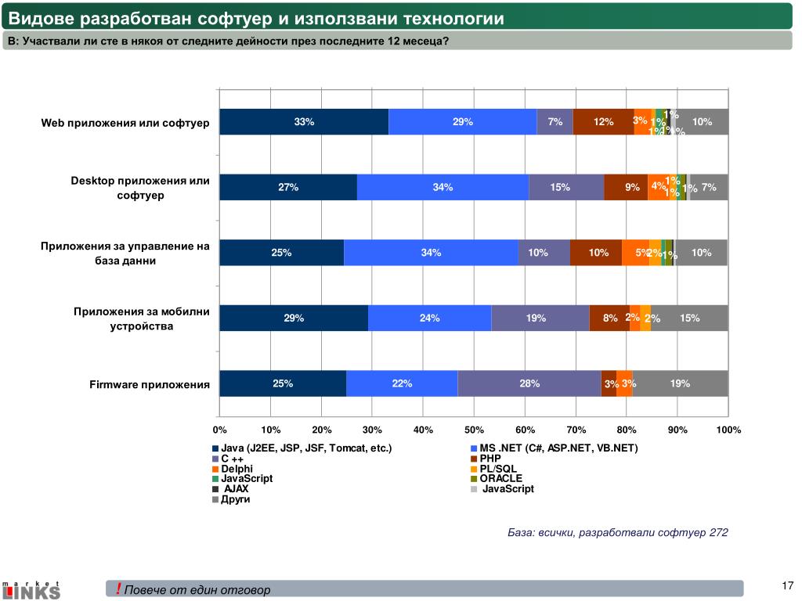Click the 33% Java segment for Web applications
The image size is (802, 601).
[x=304, y=122]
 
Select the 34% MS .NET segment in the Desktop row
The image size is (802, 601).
[x=443, y=187]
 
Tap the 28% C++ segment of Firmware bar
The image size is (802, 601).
[x=529, y=383]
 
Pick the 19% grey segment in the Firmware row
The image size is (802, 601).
[x=680, y=383]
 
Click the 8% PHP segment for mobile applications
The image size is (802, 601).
[x=609, y=318]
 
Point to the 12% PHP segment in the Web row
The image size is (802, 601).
[x=603, y=122]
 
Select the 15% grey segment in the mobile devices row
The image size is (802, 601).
[x=689, y=318]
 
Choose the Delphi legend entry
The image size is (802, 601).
[x=237, y=468]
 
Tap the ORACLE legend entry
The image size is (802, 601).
[x=500, y=478]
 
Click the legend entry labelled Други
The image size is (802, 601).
[x=235, y=498]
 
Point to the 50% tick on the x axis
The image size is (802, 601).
[x=474, y=430]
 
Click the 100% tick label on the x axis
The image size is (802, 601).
[x=728, y=430]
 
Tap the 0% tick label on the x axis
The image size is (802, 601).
[x=219, y=430]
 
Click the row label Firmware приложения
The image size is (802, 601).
[x=150, y=384]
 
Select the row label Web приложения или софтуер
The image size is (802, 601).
[x=125, y=123]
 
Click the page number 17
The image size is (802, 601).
[x=788, y=585]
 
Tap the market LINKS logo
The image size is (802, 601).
[x=31, y=590]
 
